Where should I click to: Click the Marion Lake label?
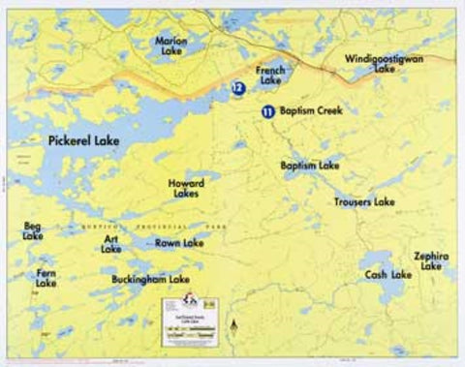pyautogui.click(x=171, y=46)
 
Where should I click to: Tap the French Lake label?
pyautogui.click(x=270, y=75)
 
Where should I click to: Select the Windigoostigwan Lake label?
pyautogui.click(x=385, y=64)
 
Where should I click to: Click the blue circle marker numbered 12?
pyautogui.click(x=237, y=87)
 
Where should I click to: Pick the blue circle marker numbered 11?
pyautogui.click(x=266, y=111)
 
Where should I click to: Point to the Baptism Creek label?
pyautogui.click(x=311, y=111)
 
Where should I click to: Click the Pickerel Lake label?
pyautogui.click(x=83, y=141)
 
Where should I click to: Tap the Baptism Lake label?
pyautogui.click(x=310, y=167)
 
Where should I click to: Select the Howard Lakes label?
pyautogui.click(x=184, y=188)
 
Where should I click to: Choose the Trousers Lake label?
pyautogui.click(x=364, y=202)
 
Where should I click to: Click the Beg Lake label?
pyautogui.click(x=33, y=230)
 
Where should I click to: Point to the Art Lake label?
pyautogui.click(x=111, y=243)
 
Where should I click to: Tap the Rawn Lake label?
pyautogui.click(x=179, y=243)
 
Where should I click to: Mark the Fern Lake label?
pyautogui.click(x=46, y=278)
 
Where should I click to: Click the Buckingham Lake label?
pyautogui.click(x=150, y=279)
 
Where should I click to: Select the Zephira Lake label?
pyautogui.click(x=431, y=260)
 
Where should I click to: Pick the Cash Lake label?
pyautogui.click(x=388, y=275)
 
